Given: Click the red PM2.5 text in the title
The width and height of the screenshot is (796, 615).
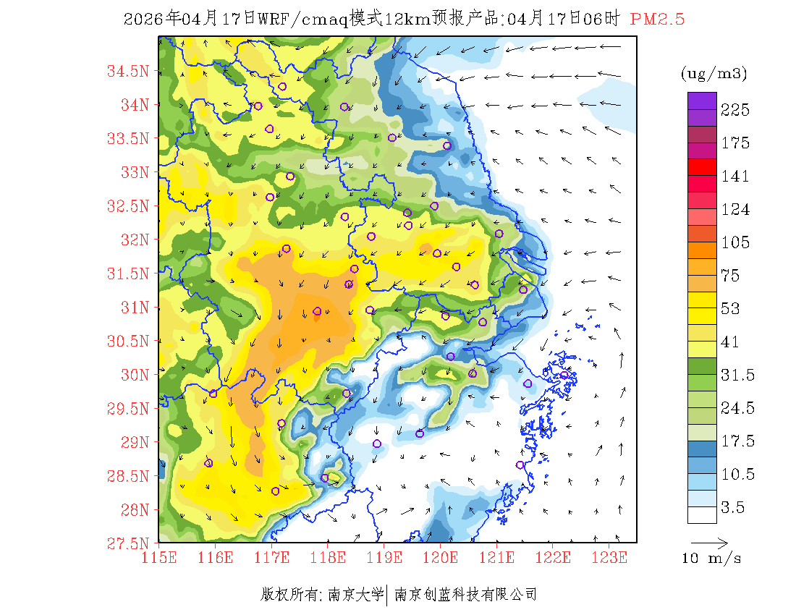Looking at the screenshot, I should (657, 20).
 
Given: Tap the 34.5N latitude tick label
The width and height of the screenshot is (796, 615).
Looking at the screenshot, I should (128, 71).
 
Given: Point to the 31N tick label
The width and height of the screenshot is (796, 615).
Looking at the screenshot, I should (134, 307).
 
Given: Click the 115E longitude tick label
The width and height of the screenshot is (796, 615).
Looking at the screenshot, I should (158, 558).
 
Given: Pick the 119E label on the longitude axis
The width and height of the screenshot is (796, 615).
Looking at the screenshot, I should (384, 558).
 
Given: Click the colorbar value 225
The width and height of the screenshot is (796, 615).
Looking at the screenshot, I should (735, 110).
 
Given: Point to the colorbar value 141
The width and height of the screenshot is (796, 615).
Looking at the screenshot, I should (735, 177).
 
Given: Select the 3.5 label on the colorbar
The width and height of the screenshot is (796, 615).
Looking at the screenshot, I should (732, 508).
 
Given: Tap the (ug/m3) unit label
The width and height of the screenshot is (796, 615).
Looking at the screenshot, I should (714, 74).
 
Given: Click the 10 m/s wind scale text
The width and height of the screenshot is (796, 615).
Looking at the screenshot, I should (711, 559).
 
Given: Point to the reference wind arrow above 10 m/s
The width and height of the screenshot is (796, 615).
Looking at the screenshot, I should (709, 541).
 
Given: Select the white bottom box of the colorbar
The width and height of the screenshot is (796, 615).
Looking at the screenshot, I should (702, 514).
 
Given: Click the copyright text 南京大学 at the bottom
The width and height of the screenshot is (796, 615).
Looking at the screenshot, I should (355, 595).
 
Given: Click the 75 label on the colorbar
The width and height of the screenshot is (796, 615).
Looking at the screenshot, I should (732, 276).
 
